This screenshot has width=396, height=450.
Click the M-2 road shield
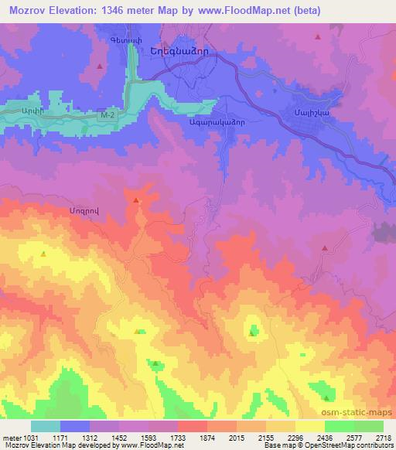[108, 115]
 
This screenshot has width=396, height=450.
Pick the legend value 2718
[383, 437]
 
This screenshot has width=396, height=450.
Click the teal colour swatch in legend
[46, 426]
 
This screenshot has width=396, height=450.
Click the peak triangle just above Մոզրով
[137, 201]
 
